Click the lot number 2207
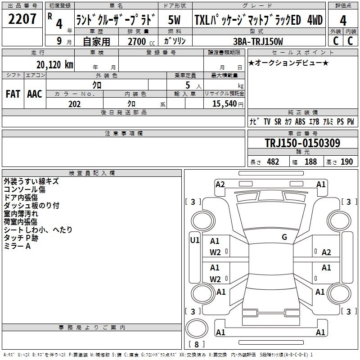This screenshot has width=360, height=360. pos(22,20)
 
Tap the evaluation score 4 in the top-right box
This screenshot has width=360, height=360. pos(343,21)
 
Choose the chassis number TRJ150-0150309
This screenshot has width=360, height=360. pos(302,143)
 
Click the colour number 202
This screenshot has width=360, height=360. pos(74,104)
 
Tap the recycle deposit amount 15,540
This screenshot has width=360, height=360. pos(224,104)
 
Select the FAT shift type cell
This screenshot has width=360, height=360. pos(13,94)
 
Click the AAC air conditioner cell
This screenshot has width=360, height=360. pos(34,94)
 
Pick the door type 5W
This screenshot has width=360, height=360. pos(175,20)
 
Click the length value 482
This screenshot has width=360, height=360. pos(273,162)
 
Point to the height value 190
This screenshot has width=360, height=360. pos(346,162)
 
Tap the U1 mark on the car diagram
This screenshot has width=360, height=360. pos(195,240)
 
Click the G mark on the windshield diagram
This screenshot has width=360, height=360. pos(284,237)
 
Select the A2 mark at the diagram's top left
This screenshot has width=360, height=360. pos(220,184)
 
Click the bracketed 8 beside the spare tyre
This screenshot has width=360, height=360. pos(197,344)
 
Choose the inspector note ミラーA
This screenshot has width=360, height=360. pos(17,246)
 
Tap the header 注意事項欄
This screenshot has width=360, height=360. pos(123,133)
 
